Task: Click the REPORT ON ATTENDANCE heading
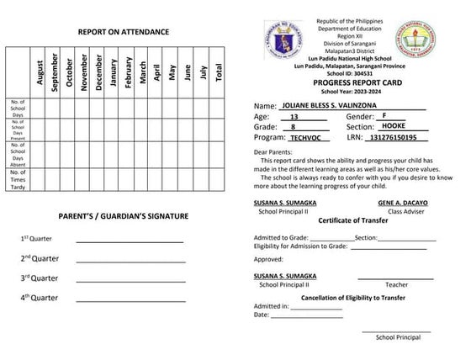click(124, 32)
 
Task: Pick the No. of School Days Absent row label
click(18, 156)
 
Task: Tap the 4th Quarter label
click(40, 297)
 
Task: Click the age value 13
click(294, 117)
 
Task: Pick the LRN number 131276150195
click(394, 136)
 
